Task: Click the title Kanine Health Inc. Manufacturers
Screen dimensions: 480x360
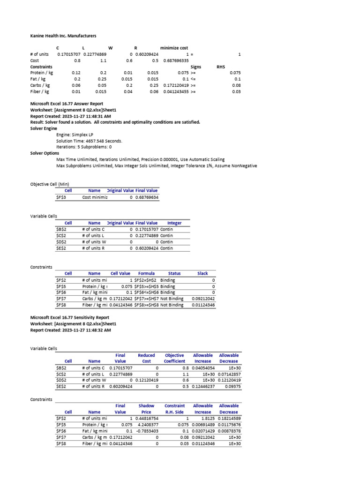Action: [x=63, y=36]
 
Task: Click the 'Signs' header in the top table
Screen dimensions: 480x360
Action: [x=195, y=67]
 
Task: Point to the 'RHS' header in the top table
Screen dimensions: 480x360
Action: [x=221, y=67]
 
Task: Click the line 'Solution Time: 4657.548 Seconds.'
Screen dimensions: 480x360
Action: [x=89, y=141]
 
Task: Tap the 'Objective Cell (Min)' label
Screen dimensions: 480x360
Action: [x=50, y=184]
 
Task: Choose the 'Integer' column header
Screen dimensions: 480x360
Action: [x=174, y=223]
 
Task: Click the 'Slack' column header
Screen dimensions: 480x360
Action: [x=202, y=273]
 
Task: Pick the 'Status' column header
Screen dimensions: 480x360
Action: [x=174, y=273]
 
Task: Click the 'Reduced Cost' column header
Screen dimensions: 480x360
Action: [x=146, y=359]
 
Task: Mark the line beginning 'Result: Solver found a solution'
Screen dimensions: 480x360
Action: [x=115, y=122]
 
